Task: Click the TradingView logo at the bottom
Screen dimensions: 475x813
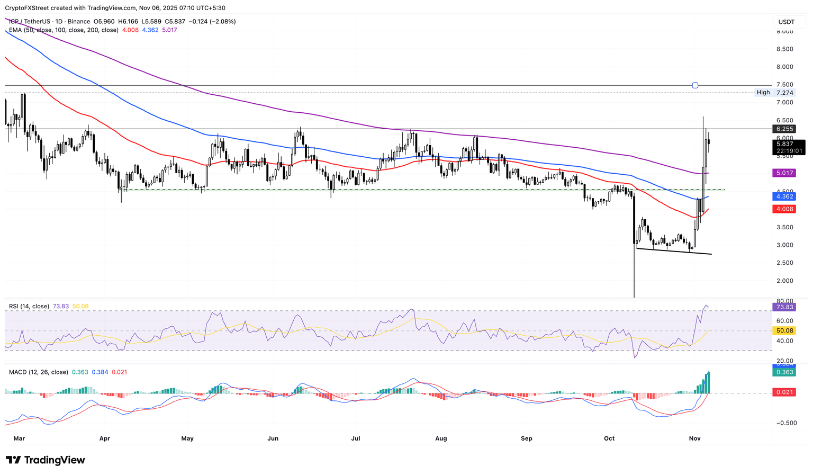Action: (46, 460)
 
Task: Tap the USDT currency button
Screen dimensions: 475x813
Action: (787, 22)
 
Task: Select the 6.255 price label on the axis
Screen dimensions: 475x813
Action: (784, 129)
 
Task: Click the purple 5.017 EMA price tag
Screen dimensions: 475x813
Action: (784, 173)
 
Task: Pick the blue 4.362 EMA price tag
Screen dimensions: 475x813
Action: (784, 196)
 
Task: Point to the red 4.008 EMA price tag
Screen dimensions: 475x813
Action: (784, 209)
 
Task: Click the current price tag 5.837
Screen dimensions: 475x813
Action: (784, 144)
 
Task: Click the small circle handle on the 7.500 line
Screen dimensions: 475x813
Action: (695, 85)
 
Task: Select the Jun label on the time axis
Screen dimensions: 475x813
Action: (273, 438)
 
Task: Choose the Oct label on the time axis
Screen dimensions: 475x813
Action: (609, 438)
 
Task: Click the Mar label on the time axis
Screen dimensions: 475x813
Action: (19, 438)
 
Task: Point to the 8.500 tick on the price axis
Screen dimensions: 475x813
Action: (784, 49)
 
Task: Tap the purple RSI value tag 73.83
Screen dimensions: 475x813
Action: (784, 307)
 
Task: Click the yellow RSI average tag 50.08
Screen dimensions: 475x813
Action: (784, 330)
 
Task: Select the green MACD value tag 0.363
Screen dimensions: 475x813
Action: (784, 372)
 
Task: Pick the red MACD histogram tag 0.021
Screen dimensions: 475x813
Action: (784, 392)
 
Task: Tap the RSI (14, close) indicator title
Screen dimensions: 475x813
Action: (29, 307)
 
